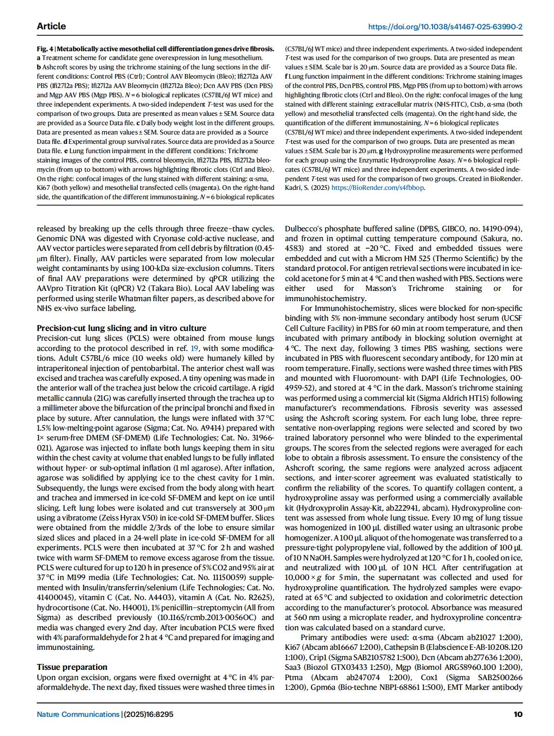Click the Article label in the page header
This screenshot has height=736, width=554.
coord(51,26)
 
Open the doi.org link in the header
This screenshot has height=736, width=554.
coord(445,27)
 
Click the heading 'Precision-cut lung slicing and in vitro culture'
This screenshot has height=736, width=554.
coord(122,328)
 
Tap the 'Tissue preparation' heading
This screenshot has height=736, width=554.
coord(72,667)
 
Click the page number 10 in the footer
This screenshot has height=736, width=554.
coord(518,714)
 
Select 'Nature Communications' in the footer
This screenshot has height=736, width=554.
coord(78,714)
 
